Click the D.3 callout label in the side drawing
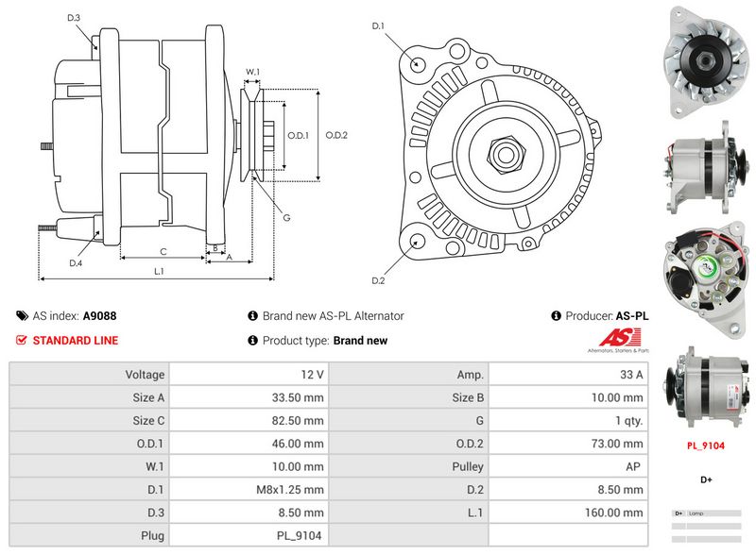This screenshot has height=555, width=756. click(x=74, y=18)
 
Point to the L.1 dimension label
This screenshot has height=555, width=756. click(x=160, y=271)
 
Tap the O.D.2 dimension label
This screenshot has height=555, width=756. click(x=337, y=135)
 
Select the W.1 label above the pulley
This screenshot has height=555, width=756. click(x=252, y=72)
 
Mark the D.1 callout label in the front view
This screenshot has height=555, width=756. click(x=378, y=26)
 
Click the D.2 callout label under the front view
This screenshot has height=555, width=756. click(x=378, y=280)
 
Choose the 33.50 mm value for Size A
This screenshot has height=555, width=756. click(x=297, y=397)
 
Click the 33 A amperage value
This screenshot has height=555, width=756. click(x=629, y=375)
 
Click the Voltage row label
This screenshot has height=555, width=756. click(x=145, y=375)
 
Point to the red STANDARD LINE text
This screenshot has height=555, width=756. click(x=76, y=341)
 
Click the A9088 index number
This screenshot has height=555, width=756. click(x=100, y=316)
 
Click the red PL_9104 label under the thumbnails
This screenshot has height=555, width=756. click(x=705, y=446)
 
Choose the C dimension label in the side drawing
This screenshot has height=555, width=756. click(x=163, y=251)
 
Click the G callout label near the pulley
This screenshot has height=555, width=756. click(x=285, y=218)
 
